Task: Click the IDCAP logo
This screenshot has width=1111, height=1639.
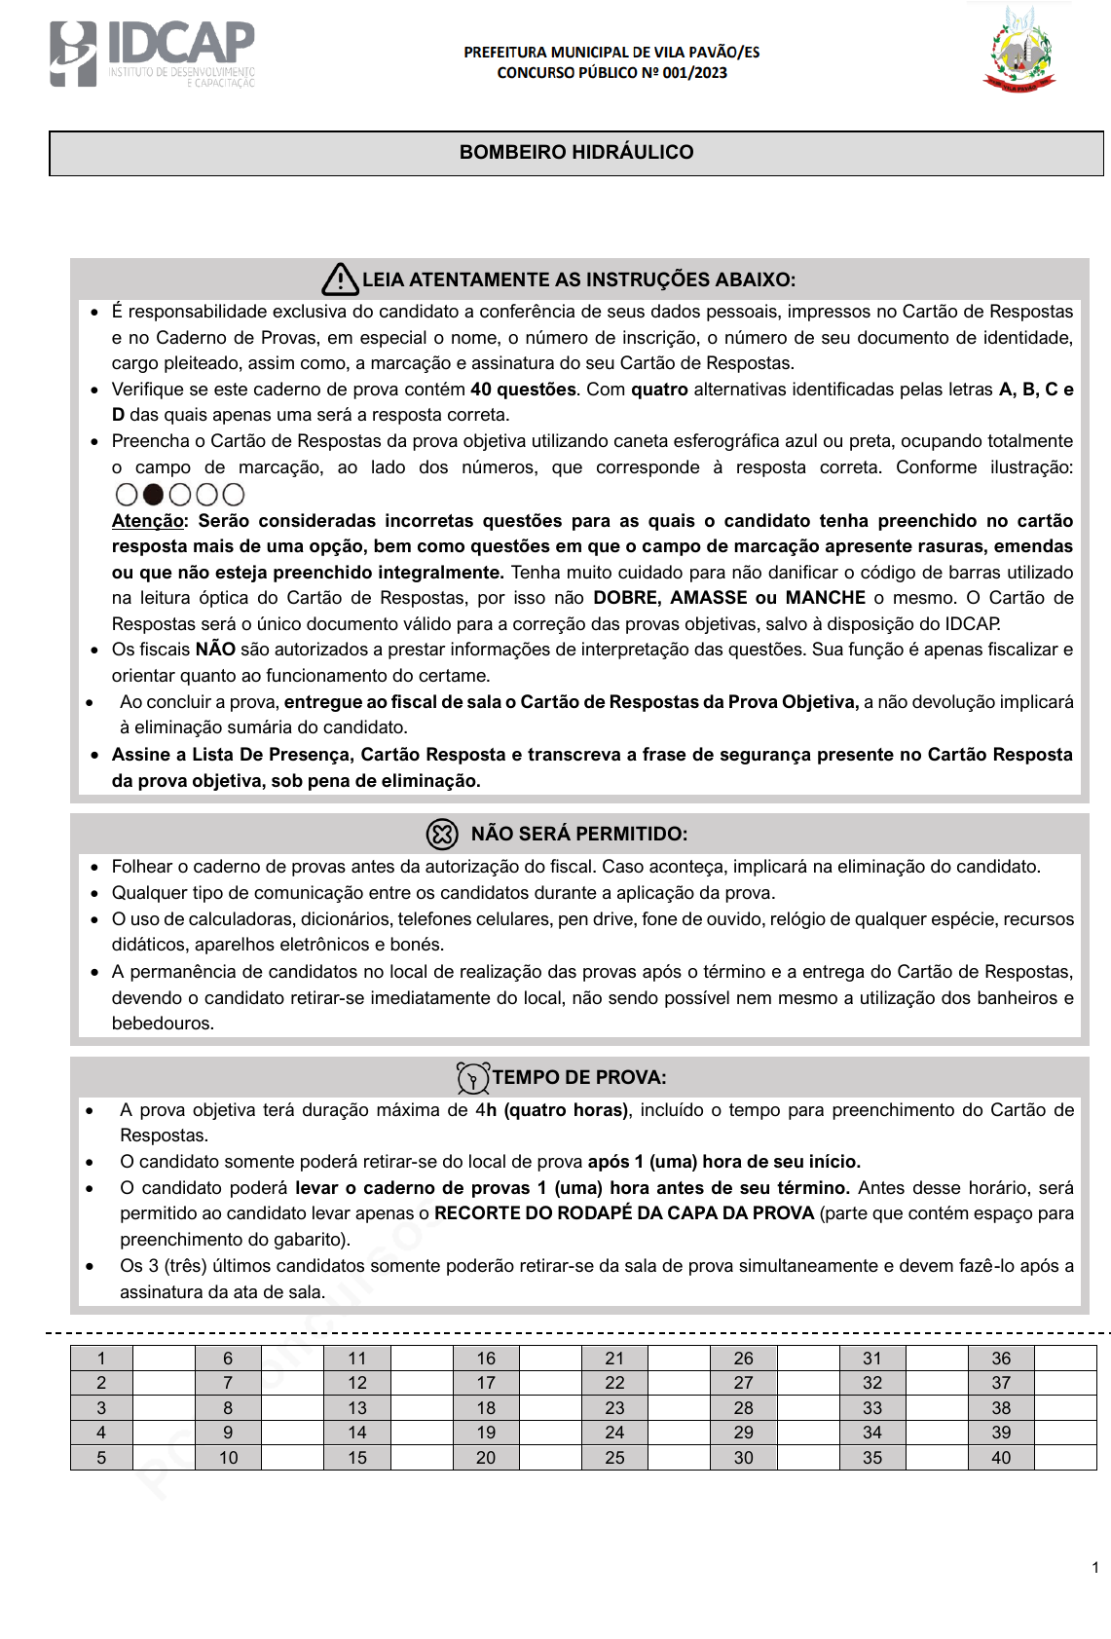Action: click(152, 55)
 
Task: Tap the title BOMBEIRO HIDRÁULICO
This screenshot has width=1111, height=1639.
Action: click(576, 152)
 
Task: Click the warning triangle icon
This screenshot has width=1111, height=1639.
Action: click(340, 279)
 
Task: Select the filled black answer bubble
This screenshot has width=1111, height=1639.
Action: click(153, 495)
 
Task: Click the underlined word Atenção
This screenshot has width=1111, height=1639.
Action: click(148, 521)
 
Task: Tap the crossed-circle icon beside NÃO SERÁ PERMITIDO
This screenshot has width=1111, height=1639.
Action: click(442, 834)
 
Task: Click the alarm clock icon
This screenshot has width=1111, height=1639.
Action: click(473, 1078)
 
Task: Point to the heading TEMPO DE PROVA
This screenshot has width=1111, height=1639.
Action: click(579, 1077)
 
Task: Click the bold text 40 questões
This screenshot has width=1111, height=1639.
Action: click(523, 390)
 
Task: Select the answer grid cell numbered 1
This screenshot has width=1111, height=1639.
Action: click(101, 1359)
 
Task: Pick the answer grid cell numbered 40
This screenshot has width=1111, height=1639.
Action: click(1001, 1458)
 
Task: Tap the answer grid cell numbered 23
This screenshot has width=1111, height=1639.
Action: click(614, 1408)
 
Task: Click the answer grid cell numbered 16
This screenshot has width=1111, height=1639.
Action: click(486, 1359)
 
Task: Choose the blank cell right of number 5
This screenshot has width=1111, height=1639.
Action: click(164, 1458)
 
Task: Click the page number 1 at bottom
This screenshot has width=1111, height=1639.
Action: click(1095, 1568)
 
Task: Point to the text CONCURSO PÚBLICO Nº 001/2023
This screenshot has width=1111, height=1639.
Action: click(611, 73)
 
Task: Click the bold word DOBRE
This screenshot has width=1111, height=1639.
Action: click(626, 598)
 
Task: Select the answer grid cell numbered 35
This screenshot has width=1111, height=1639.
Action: click(872, 1458)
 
